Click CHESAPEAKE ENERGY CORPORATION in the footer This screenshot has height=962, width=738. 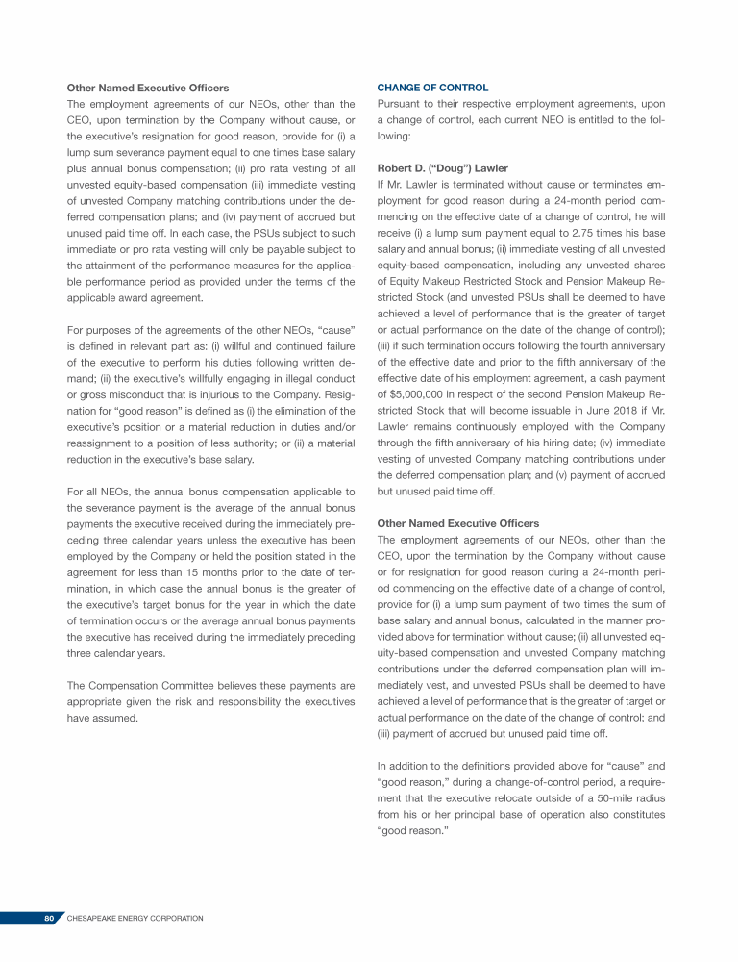point(135,919)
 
